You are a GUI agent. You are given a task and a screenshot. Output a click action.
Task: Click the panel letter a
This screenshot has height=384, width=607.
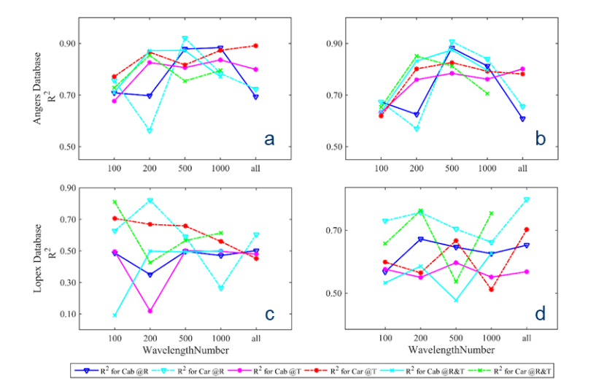click(269, 138)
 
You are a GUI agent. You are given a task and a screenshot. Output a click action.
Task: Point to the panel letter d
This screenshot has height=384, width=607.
click(540, 315)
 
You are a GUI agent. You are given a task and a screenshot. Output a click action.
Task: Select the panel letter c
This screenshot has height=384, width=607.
click(269, 315)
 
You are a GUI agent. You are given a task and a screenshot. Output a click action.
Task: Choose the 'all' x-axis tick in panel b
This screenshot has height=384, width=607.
click(522, 169)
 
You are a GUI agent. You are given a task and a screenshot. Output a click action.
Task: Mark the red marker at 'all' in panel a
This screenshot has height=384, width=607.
click(255, 46)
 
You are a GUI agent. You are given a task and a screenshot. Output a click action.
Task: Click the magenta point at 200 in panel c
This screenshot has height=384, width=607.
click(150, 311)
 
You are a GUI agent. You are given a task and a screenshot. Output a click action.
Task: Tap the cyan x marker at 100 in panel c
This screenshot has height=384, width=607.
click(115, 315)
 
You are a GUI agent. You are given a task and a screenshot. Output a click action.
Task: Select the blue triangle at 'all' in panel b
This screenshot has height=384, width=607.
click(522, 118)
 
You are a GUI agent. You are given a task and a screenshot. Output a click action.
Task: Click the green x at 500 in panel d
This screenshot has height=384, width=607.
click(455, 282)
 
